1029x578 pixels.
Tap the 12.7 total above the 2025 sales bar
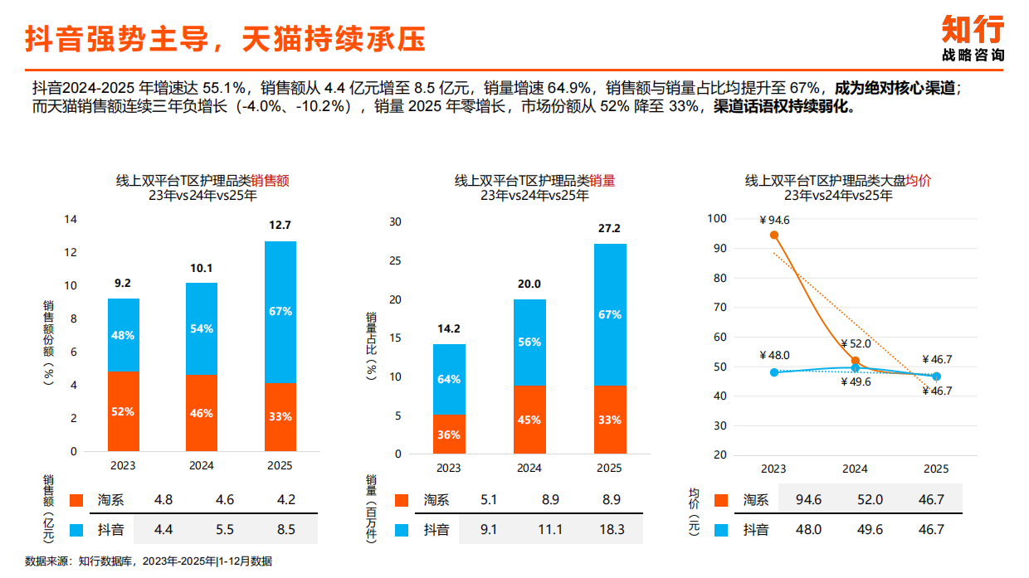pyautogui.click(x=280, y=225)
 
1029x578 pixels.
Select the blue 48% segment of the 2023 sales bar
pyautogui.click(x=123, y=335)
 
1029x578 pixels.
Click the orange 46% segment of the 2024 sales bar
pyautogui.click(x=201, y=413)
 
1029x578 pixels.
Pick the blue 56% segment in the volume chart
pyautogui.click(x=529, y=342)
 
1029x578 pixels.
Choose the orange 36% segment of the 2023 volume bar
pyautogui.click(x=449, y=434)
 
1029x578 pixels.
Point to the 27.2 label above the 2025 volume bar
pyautogui.click(x=610, y=228)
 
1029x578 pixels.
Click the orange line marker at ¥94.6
pyautogui.click(x=774, y=235)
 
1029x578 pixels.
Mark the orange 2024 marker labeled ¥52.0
pyautogui.click(x=856, y=362)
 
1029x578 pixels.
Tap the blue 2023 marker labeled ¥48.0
pyautogui.click(x=774, y=372)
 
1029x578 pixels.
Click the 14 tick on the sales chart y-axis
pyautogui.click(x=71, y=220)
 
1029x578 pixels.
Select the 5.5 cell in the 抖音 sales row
pyautogui.click(x=224, y=529)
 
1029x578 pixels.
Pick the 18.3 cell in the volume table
pyautogui.click(x=611, y=530)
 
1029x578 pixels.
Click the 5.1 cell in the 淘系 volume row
pyautogui.click(x=490, y=500)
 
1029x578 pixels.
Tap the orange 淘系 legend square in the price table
pyautogui.click(x=720, y=500)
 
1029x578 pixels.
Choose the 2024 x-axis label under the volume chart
pyautogui.click(x=529, y=469)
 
